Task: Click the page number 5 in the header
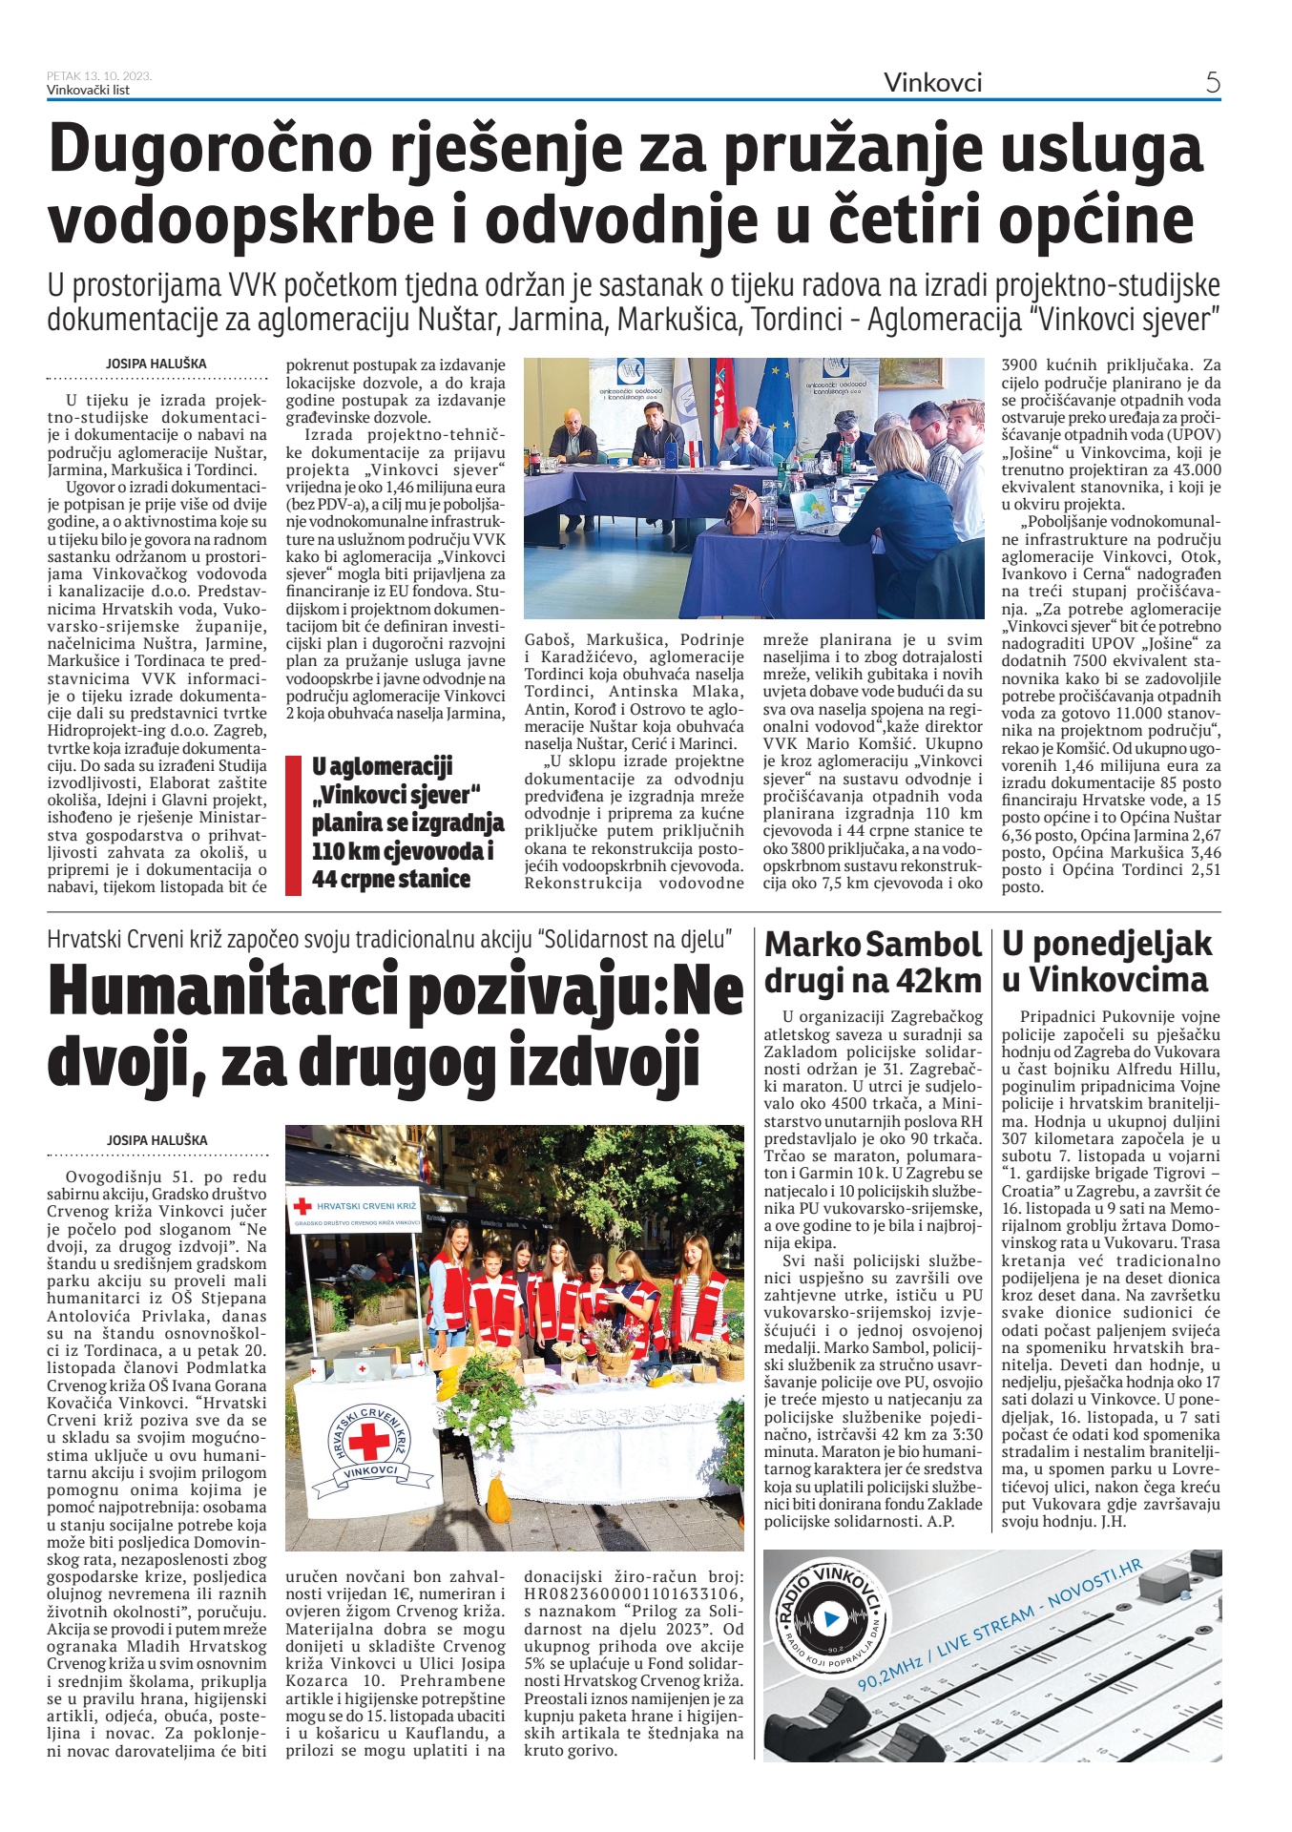1212,83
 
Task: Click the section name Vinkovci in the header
932,83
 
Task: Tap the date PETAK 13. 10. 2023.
99,75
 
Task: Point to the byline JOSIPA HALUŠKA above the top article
156,364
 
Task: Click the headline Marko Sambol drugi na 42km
873,962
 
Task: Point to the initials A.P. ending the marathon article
941,1522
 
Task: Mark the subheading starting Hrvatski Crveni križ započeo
389,940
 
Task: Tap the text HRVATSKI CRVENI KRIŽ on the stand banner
367,1206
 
